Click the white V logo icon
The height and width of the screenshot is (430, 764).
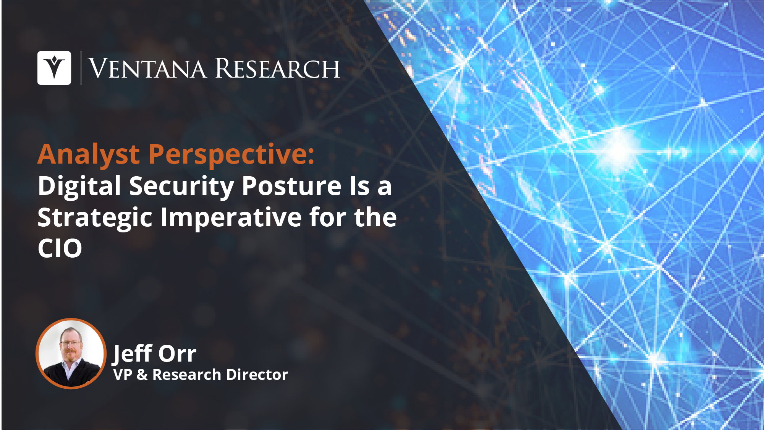[54, 68]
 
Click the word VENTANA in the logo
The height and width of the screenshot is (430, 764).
[147, 69]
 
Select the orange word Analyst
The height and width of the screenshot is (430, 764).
[89, 155]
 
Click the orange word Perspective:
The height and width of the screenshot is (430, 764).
[231, 155]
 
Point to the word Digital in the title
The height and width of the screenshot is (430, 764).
[79, 187]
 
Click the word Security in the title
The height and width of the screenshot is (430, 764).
[181, 187]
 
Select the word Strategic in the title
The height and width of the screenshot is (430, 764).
[95, 218]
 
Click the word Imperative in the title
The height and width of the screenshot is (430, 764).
[231, 218]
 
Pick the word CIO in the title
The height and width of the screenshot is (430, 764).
[60, 248]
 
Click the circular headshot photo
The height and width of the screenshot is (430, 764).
[71, 354]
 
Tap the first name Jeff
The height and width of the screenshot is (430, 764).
[132, 354]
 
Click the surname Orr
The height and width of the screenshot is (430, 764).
[177, 354]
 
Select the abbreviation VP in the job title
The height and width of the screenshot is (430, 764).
[123, 375]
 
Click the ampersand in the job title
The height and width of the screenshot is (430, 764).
[142, 375]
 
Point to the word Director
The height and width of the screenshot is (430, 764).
[257, 375]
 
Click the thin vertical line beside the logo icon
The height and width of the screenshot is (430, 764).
[81, 68]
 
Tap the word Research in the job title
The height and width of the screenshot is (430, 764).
[187, 375]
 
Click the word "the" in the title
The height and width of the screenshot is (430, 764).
[376, 217]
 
